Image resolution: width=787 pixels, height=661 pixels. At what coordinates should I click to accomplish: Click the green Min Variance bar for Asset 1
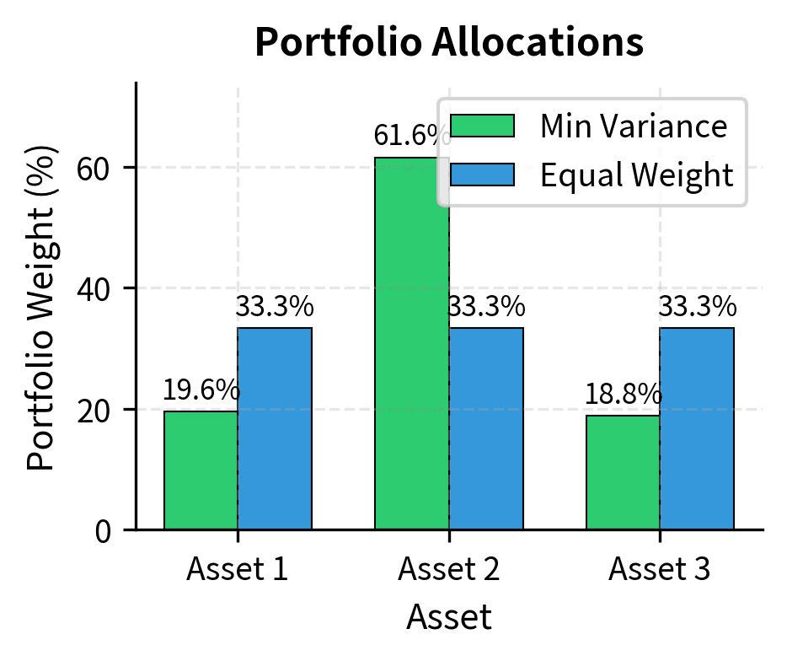click(x=201, y=470)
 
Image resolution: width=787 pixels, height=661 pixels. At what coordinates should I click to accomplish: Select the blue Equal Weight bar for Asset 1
click(x=275, y=428)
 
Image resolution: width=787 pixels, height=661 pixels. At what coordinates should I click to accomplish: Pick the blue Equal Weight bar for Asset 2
click(x=486, y=428)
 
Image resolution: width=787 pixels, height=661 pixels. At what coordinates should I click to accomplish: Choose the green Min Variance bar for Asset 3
click(x=623, y=472)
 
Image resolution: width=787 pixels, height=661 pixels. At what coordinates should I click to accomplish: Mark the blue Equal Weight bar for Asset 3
click(x=697, y=428)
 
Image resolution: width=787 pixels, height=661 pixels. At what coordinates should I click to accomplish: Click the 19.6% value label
click(x=201, y=390)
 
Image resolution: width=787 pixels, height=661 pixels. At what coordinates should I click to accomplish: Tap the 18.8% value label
click(x=624, y=395)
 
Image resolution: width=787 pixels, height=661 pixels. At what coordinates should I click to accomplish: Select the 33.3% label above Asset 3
click(x=697, y=308)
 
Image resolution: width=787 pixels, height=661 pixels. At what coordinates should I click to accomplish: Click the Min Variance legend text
click(x=633, y=126)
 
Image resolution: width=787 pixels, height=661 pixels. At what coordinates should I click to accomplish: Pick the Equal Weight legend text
click(x=636, y=175)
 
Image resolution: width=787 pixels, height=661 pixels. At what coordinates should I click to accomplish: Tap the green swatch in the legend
click(x=482, y=126)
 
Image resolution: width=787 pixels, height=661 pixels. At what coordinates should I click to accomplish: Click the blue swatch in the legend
click(x=482, y=175)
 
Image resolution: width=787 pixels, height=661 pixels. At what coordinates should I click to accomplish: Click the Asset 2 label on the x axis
click(x=448, y=570)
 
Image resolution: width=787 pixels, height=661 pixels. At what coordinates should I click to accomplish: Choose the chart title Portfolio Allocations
click(x=449, y=43)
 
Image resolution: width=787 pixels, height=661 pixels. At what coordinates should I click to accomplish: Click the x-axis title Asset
click(x=448, y=618)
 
